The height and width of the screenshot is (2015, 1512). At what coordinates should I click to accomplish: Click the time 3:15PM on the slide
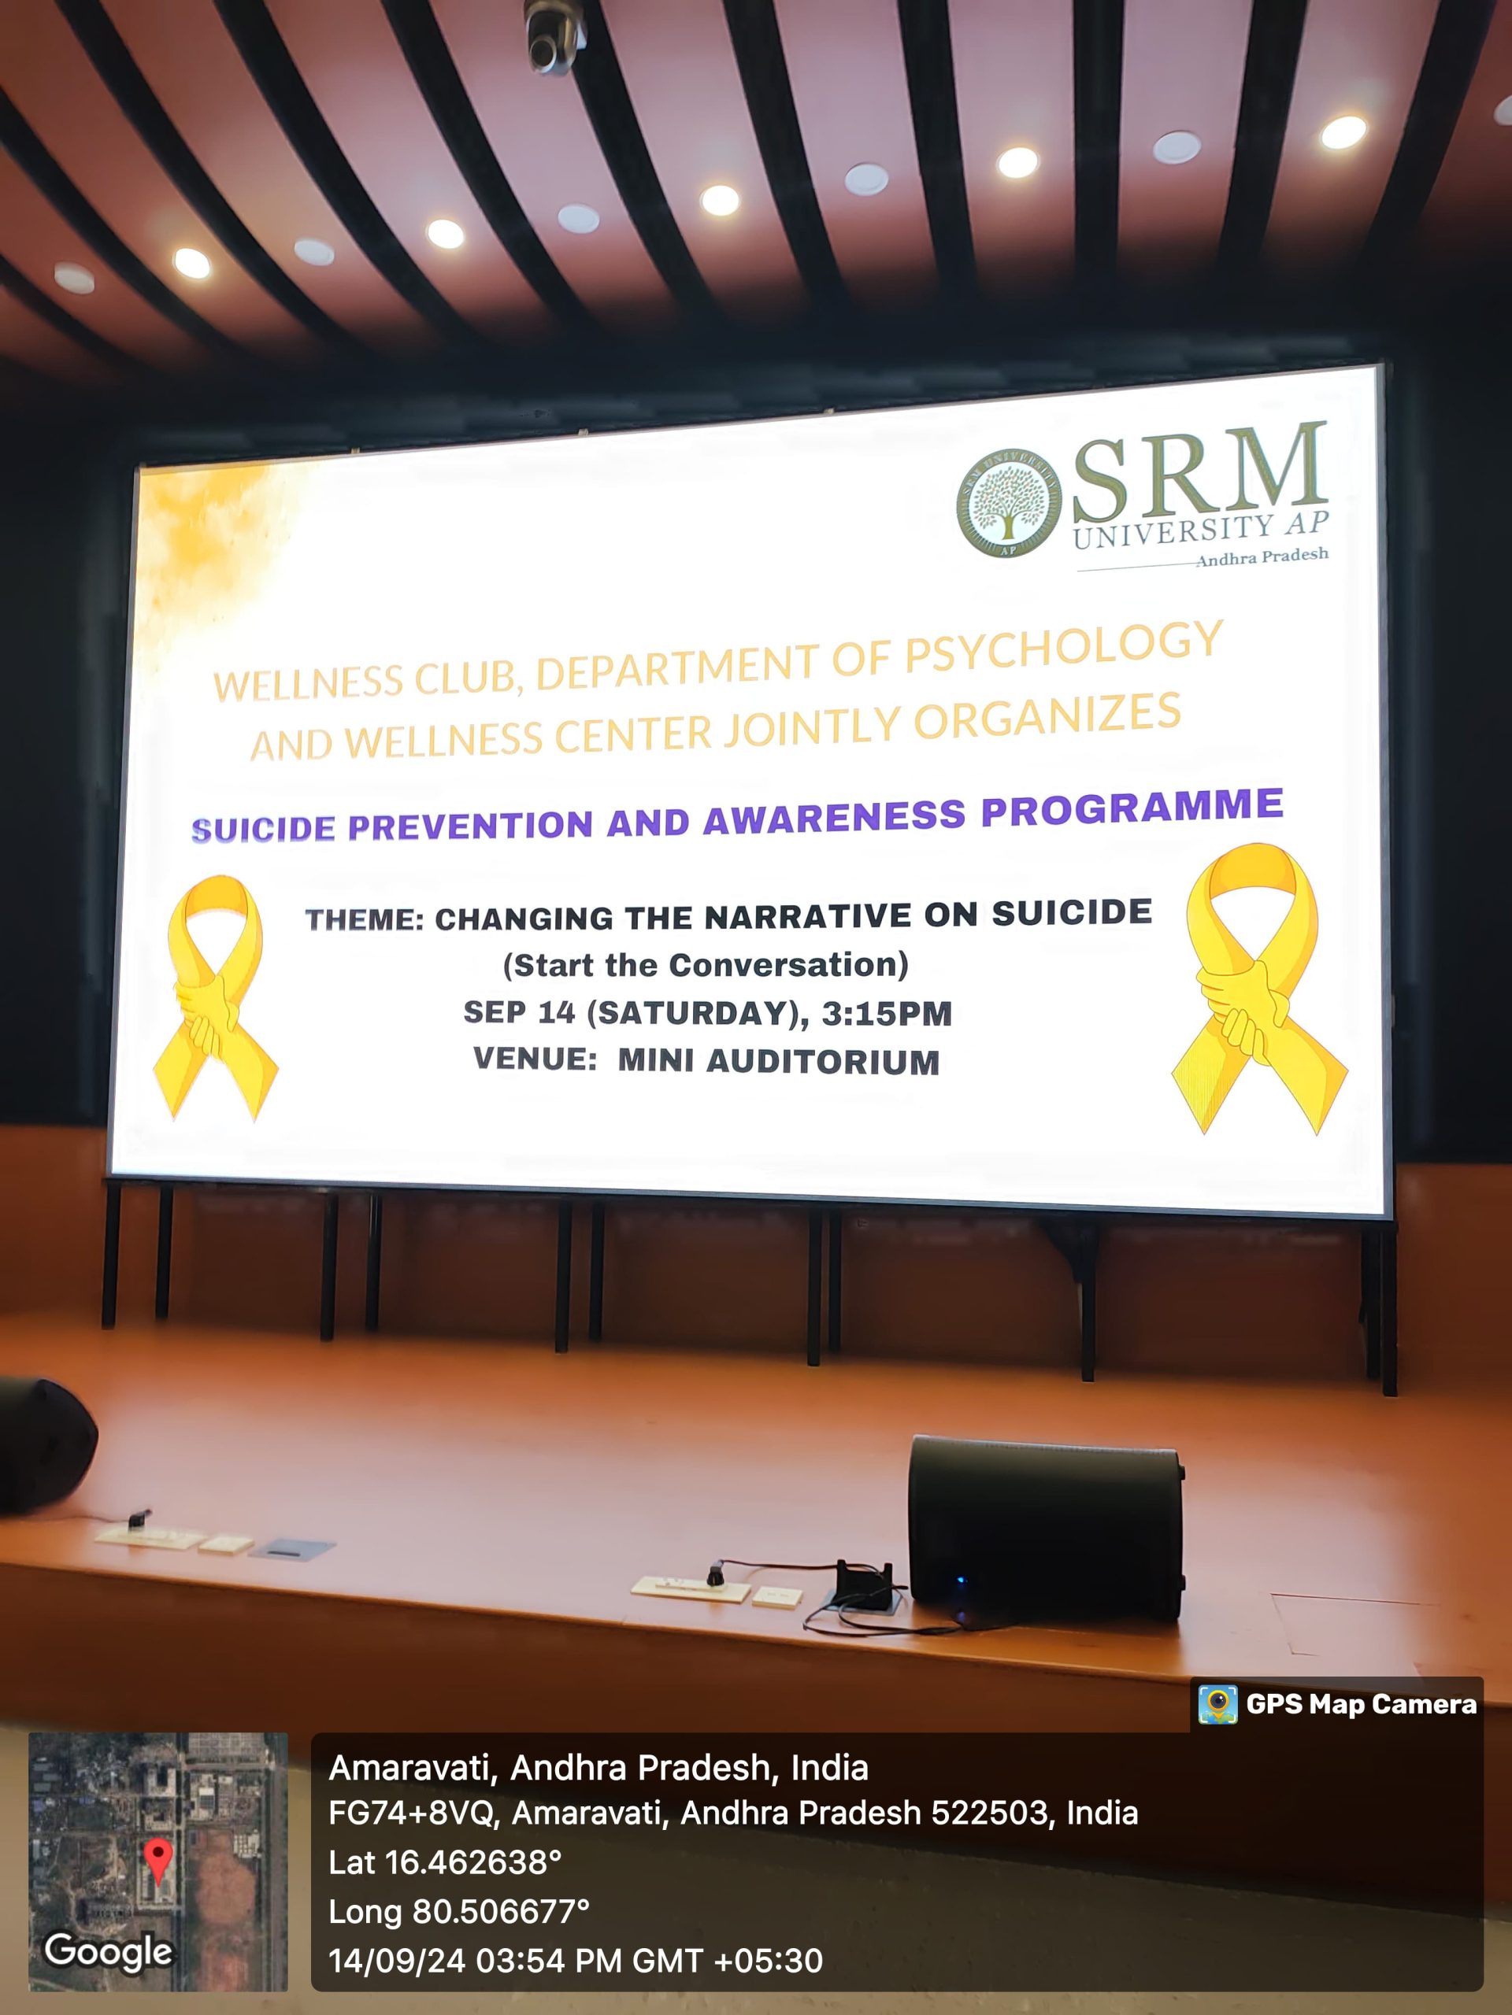click(x=887, y=1014)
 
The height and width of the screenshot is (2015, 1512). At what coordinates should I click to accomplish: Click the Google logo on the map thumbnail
click(x=108, y=1951)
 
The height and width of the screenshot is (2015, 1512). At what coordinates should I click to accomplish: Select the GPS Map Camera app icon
click(x=1217, y=1703)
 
